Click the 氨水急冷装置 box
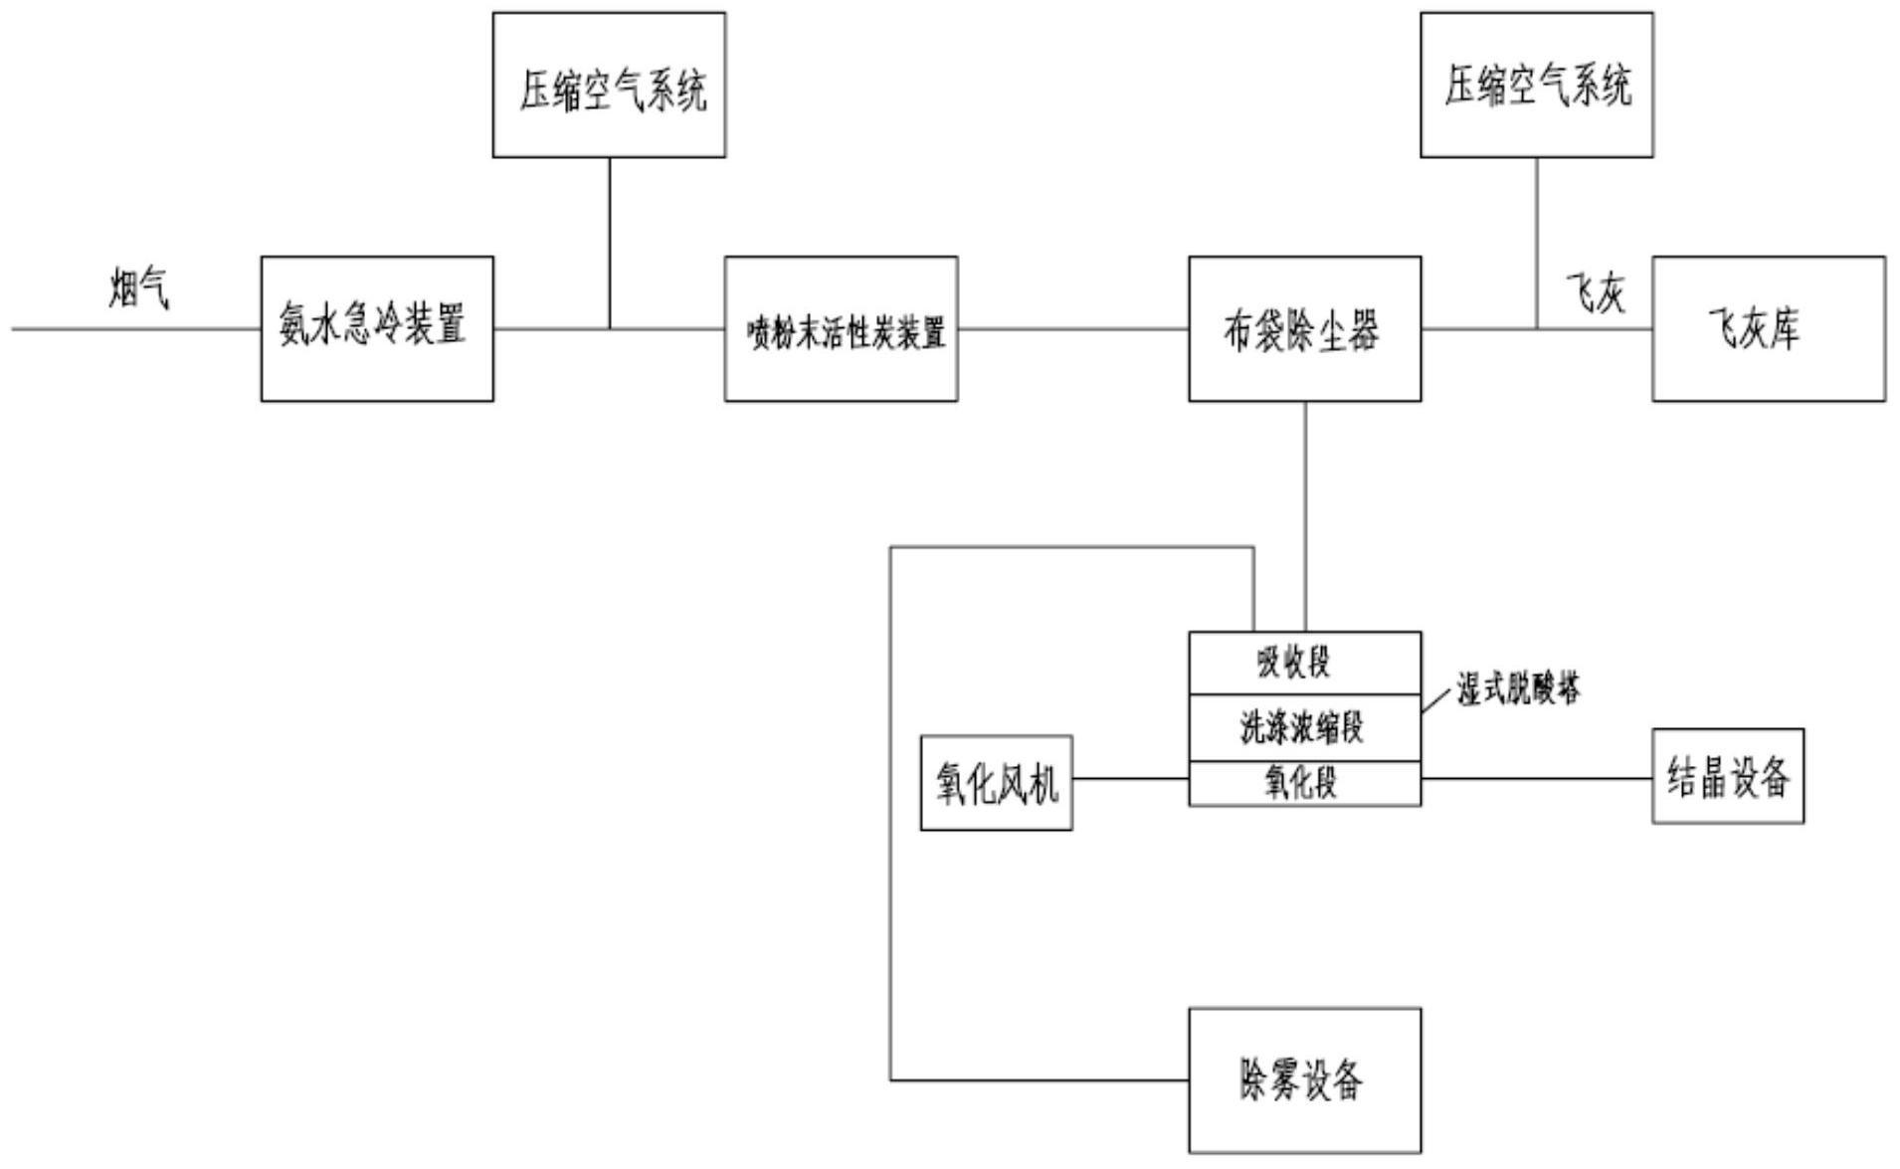coord(376,328)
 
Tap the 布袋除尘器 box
coord(1304,328)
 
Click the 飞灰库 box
coord(1768,328)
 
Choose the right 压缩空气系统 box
coord(1536,86)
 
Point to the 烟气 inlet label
coord(139,289)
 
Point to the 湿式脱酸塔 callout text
coord(1518,688)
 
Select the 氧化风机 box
coord(996,782)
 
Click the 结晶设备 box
coord(1727,776)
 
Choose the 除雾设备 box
coord(1304,1079)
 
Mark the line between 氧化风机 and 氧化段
coord(1130,778)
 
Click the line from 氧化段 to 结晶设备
coord(1536,778)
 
